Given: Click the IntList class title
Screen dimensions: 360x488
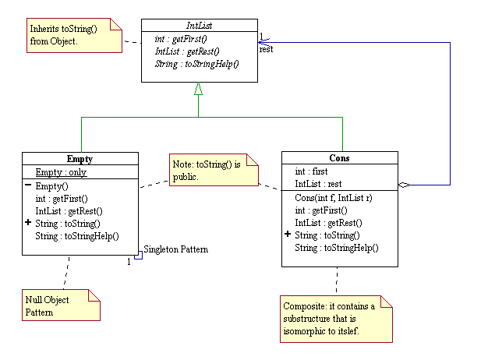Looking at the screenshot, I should (x=198, y=26).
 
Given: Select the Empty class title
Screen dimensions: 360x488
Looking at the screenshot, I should (x=80, y=158).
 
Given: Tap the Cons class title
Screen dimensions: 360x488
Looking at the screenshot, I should (x=339, y=158).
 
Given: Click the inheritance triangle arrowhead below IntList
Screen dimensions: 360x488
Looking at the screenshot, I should (x=198, y=89).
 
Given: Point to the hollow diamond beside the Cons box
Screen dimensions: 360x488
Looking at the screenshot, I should (x=404, y=185).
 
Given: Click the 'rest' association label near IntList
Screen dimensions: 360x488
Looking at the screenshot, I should (x=266, y=48).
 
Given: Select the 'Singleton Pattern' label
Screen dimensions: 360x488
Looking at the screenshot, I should (x=175, y=249).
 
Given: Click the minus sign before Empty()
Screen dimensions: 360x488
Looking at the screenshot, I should (x=28, y=185).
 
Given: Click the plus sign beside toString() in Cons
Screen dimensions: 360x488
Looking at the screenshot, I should (x=288, y=235).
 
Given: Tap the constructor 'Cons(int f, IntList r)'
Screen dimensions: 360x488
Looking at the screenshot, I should (x=333, y=198).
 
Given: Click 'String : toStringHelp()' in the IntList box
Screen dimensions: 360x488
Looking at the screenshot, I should (x=196, y=63).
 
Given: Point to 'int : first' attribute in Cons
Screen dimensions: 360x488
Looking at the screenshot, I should (x=311, y=171).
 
